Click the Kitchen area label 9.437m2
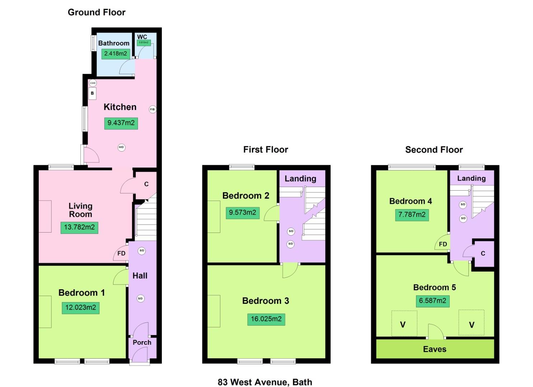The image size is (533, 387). pyautogui.click(x=121, y=123)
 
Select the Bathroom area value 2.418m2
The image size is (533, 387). pyautogui.click(x=115, y=54)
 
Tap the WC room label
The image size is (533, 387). pyautogui.click(x=142, y=37)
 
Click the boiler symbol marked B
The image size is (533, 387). pyautogui.click(x=92, y=93)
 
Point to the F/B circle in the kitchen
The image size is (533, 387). pyautogui.click(x=153, y=109)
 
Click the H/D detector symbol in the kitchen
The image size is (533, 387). pyautogui.click(x=121, y=147)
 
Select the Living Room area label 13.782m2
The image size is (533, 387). pyautogui.click(x=79, y=227)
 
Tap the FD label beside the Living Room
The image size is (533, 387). pyautogui.click(x=121, y=253)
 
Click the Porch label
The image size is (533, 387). pyautogui.click(x=142, y=342)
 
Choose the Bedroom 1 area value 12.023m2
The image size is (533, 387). pyautogui.click(x=80, y=307)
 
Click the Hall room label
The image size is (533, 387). pyautogui.click(x=140, y=276)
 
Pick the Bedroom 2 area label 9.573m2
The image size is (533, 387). pyautogui.click(x=243, y=212)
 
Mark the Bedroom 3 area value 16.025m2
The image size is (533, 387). pyautogui.click(x=266, y=319)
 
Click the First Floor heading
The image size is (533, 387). pyautogui.click(x=266, y=149)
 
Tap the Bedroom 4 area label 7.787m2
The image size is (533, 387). pyautogui.click(x=412, y=215)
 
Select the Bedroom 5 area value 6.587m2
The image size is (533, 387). pyautogui.click(x=433, y=301)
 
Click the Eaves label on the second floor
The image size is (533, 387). pyautogui.click(x=435, y=349)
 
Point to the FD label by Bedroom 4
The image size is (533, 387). pyautogui.click(x=443, y=244)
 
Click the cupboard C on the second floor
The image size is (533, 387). pyautogui.click(x=483, y=253)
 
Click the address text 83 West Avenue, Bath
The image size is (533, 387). pyautogui.click(x=265, y=382)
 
